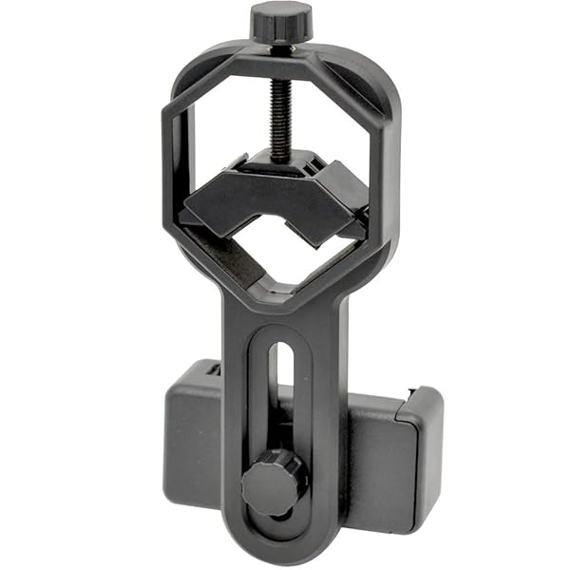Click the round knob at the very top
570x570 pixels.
[281, 20]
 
